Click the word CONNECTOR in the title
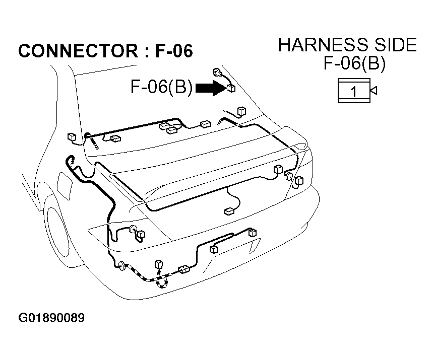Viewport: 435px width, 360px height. coord(78,51)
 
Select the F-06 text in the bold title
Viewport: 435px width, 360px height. coord(174,51)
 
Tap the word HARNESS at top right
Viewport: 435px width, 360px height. coord(323,45)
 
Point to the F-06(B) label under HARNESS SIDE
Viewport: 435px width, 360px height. coord(354,63)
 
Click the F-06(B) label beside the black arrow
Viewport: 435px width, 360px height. coord(161,87)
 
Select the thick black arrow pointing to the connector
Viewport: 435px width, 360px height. coord(211,88)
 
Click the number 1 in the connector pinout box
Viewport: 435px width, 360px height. coord(354,91)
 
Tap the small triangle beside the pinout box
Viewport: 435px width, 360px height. coord(374,90)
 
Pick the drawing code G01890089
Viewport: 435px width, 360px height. coord(51,318)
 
